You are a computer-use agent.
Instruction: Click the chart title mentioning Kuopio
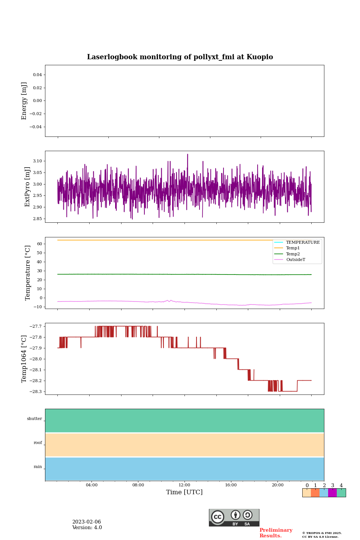[x=180, y=57]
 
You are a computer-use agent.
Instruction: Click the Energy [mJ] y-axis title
[x=24, y=101]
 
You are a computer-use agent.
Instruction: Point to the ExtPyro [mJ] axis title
[x=27, y=187]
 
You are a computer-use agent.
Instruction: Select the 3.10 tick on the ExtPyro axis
[x=37, y=161]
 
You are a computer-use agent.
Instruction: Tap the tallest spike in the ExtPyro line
[x=187, y=154]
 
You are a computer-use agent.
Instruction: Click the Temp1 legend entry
[x=293, y=248]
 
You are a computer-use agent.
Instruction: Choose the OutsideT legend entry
[x=295, y=260]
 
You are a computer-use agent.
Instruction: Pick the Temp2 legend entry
[x=293, y=254]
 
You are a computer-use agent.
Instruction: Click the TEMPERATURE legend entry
[x=303, y=242]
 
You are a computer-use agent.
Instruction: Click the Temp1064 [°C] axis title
[x=24, y=359]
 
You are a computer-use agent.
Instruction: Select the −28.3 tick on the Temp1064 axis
[x=36, y=391]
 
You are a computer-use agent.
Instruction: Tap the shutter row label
[x=34, y=419]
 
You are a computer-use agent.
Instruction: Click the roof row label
[x=38, y=443]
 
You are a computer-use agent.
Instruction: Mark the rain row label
[x=38, y=467]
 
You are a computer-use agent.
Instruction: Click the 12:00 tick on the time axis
[x=184, y=485]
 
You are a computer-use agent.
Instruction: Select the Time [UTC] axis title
[x=184, y=492]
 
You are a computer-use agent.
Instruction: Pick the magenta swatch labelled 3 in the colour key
[x=332, y=493]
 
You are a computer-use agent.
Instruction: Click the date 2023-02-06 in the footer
[x=87, y=522]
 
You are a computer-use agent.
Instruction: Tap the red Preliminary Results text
[x=276, y=533]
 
